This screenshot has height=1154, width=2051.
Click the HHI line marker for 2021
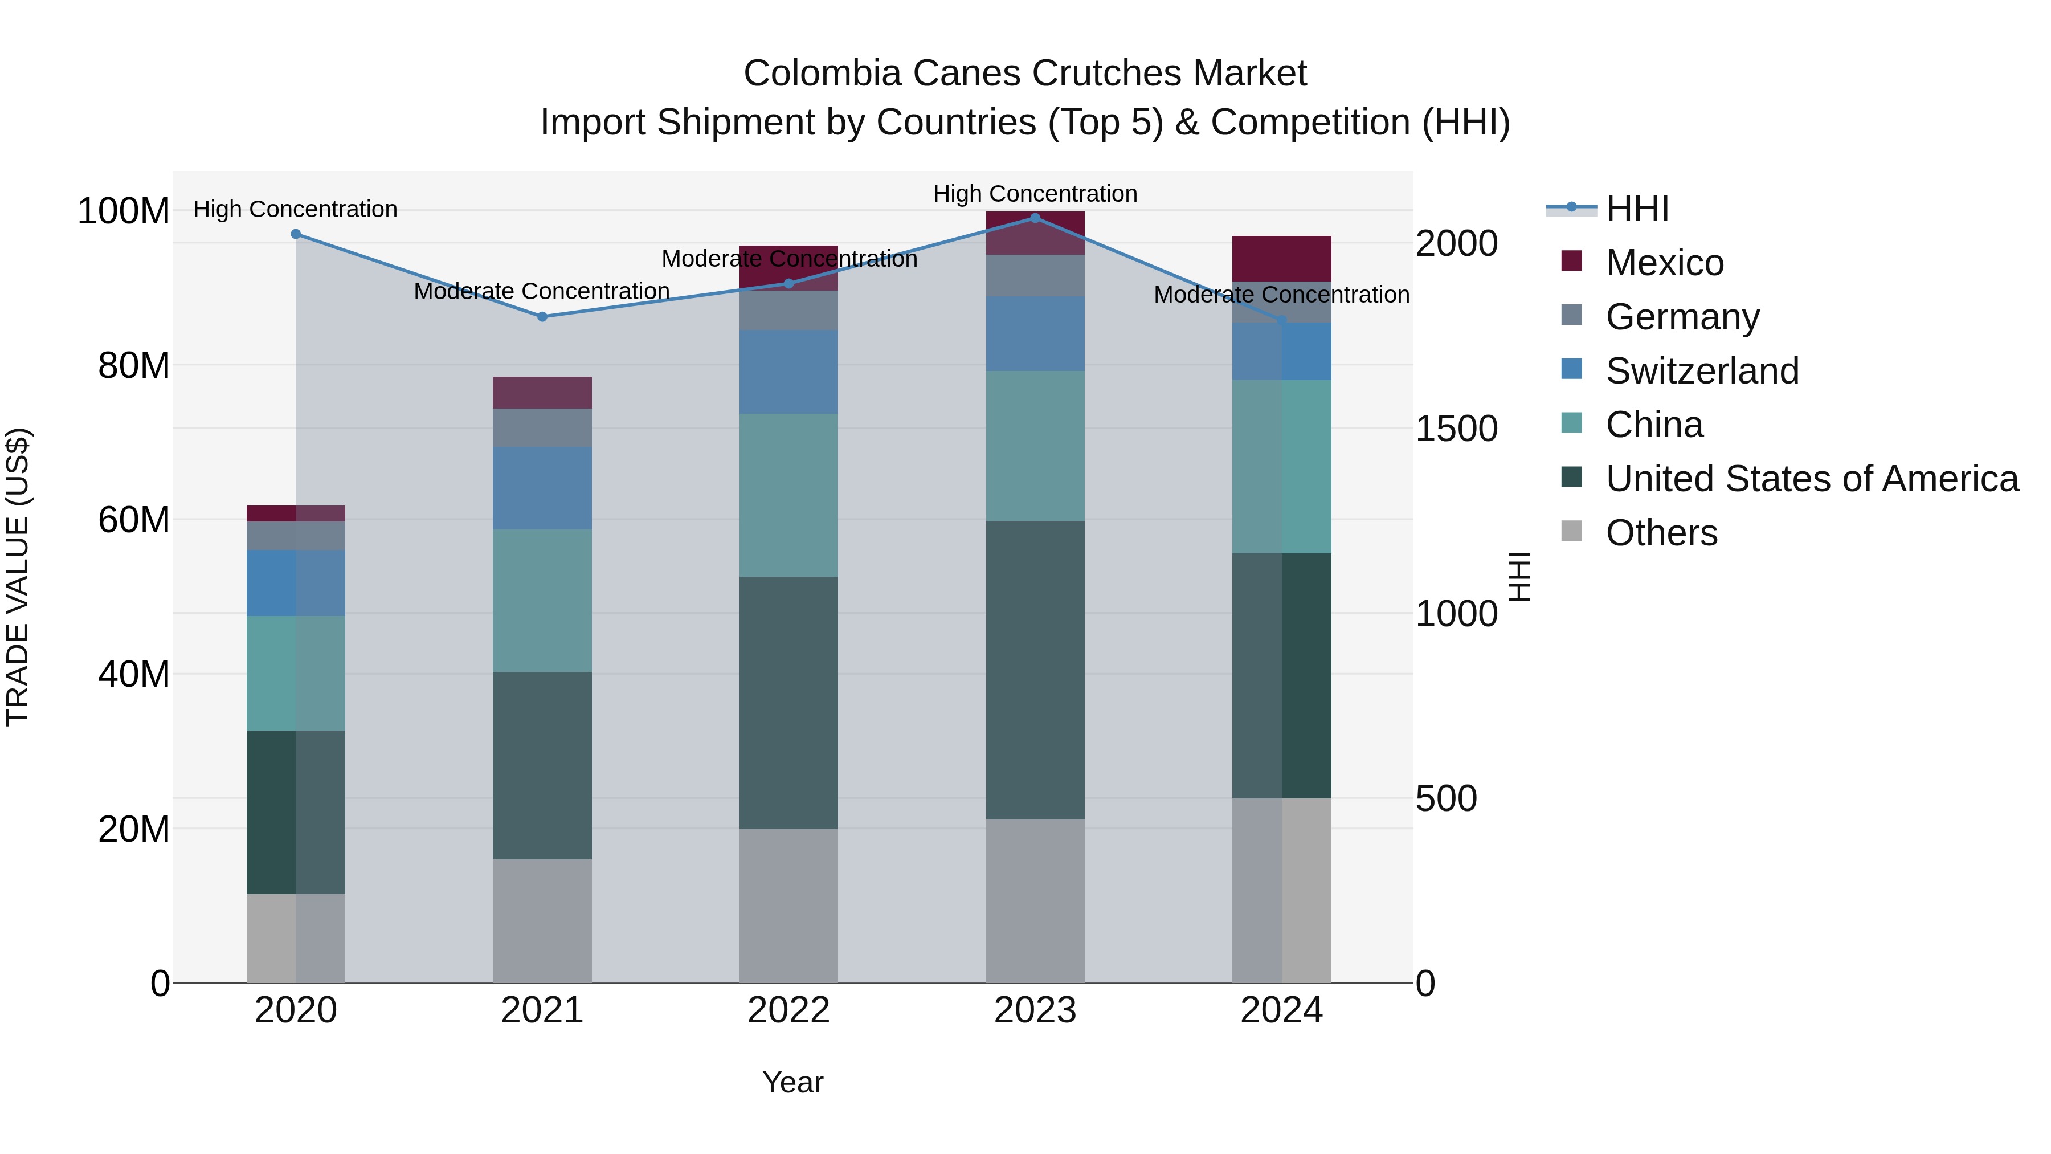(542, 316)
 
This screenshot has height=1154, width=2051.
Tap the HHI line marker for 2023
(1035, 218)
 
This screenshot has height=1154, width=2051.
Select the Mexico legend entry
(1664, 263)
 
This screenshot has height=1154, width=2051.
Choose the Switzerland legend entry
(1701, 371)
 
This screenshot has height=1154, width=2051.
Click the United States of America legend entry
(1811, 479)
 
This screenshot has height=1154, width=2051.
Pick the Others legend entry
(1661, 533)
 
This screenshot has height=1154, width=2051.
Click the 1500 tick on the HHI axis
(1456, 429)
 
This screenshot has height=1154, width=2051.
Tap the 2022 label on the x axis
(788, 1010)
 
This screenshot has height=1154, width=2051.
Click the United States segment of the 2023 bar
(1035, 669)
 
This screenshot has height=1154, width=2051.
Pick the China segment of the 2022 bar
(788, 495)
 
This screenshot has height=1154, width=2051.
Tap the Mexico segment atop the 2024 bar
(1281, 258)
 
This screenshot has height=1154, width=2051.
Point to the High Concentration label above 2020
(295, 210)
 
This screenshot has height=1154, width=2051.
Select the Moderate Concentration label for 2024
(1281, 295)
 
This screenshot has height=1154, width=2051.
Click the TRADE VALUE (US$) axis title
(18, 577)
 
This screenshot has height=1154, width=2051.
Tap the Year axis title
(792, 1082)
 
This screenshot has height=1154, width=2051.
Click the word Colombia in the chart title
(822, 74)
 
